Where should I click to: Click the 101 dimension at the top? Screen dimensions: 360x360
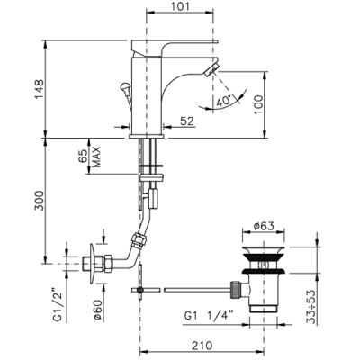[x=180, y=6]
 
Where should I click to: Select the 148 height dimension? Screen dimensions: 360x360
[x=39, y=89]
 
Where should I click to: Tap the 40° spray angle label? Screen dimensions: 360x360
[x=223, y=101]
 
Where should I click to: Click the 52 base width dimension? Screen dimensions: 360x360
[x=187, y=121]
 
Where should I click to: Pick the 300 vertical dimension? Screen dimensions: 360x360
[x=39, y=201]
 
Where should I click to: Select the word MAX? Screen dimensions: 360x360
[x=95, y=157]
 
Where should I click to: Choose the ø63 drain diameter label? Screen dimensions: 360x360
[x=263, y=226]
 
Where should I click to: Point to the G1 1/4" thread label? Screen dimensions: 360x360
[x=209, y=316]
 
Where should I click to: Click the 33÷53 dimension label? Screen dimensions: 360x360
[x=313, y=307]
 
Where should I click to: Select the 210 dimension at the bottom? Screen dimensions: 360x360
[x=202, y=346]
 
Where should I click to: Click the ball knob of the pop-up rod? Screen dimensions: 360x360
[x=124, y=87]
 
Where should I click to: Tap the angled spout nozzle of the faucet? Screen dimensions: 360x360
[x=211, y=70]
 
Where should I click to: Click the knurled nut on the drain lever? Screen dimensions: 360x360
[x=235, y=290]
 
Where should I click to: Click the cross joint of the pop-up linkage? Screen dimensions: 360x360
[x=140, y=290]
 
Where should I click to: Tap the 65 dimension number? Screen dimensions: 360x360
[x=83, y=157]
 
